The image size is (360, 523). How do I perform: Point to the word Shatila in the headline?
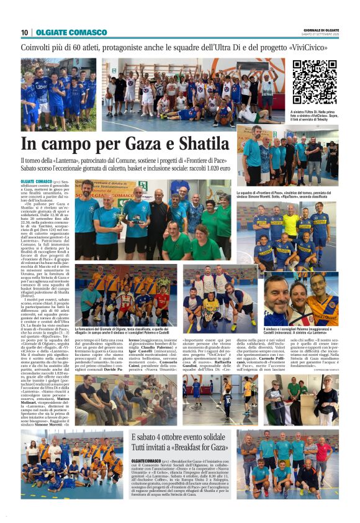(204, 144)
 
